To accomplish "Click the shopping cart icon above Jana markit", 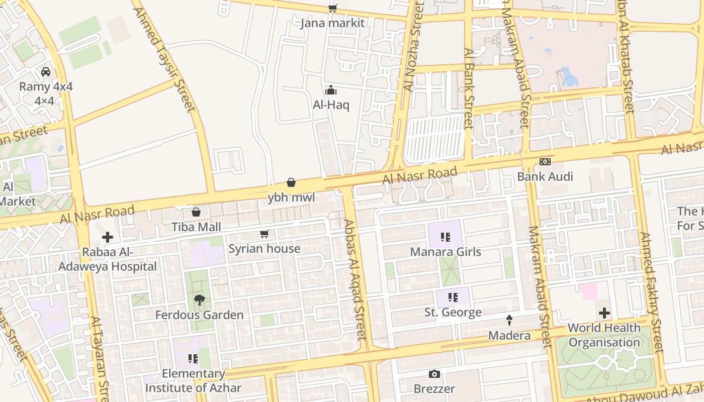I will tap(332, 8).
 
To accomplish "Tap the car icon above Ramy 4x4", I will tap(46, 71).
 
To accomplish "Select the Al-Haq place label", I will tap(331, 105).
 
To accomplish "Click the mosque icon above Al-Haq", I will tap(331, 90).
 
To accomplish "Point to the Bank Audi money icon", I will tap(545, 162).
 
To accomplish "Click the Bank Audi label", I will tap(545, 177).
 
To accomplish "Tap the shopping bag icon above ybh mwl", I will tap(291, 182).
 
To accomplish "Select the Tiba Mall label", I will tap(196, 227).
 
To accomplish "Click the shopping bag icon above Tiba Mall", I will tap(196, 212).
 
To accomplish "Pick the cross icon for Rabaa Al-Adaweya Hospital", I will tap(108, 237).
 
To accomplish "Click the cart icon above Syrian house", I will tap(265, 234).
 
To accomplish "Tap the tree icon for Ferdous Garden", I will tap(199, 300).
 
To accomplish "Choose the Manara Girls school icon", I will tap(445, 237).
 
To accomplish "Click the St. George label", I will tap(453, 313).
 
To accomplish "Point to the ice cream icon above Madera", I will tap(509, 320).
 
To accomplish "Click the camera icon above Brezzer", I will tap(434, 374).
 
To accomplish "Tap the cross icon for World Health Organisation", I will tap(604, 313).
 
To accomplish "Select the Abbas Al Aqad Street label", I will tap(356, 279).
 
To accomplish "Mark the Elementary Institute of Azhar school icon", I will tap(193, 359).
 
